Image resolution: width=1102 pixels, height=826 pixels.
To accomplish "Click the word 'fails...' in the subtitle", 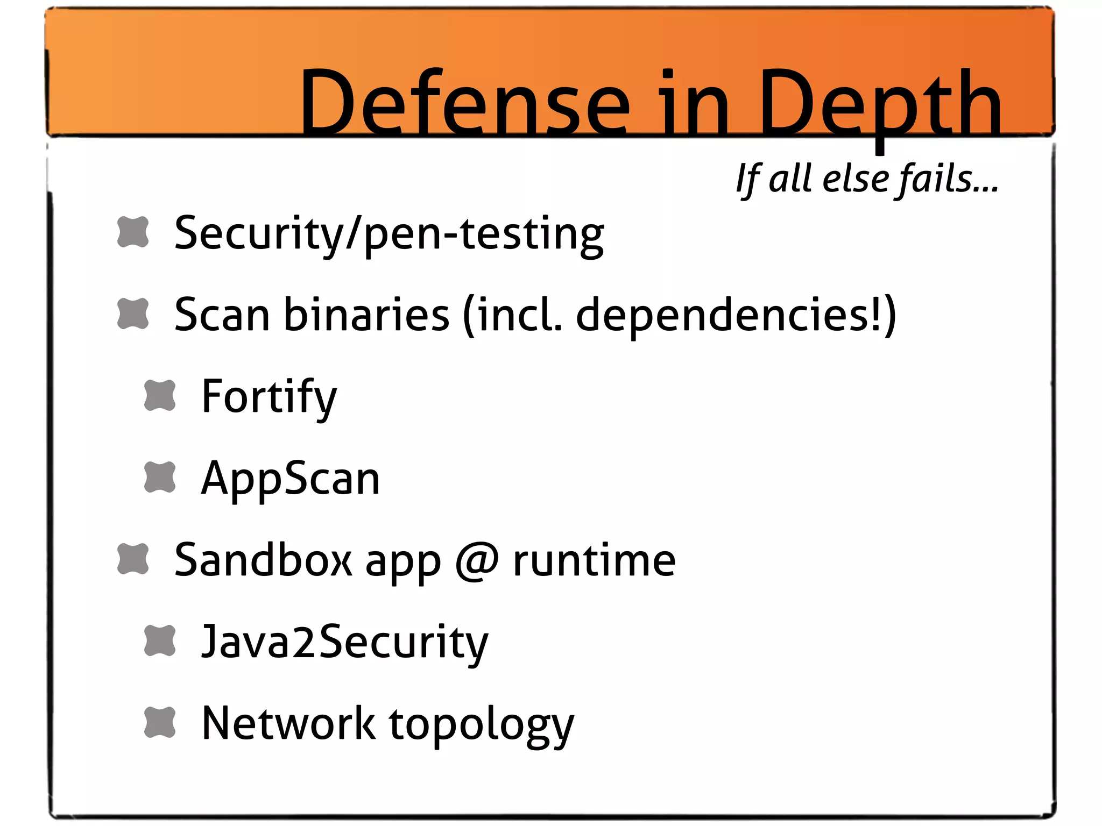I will click(948, 179).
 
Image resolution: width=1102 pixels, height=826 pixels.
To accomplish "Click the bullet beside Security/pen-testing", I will click(133, 232).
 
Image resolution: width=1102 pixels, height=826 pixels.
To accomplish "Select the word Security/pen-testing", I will click(389, 234).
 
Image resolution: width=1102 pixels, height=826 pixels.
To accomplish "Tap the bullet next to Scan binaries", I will click(133, 314).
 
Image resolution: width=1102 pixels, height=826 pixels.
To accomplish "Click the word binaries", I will click(366, 315).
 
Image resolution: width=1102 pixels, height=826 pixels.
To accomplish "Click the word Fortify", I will click(269, 397).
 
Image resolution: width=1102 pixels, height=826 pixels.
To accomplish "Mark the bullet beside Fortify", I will click(160, 396).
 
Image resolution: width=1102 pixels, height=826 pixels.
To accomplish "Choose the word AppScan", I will click(291, 479).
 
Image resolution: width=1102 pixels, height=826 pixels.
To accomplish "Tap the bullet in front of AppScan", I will click(160, 478).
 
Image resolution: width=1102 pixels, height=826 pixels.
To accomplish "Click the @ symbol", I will click(477, 561).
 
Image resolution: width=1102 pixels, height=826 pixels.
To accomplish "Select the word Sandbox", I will click(263, 560).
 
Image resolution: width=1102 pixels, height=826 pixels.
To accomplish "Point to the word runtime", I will click(594, 561).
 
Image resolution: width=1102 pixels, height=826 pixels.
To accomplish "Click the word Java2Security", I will click(344, 642).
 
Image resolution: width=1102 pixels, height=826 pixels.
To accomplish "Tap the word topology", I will click(482, 725).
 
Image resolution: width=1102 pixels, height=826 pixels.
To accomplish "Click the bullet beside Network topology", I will click(160, 722).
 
